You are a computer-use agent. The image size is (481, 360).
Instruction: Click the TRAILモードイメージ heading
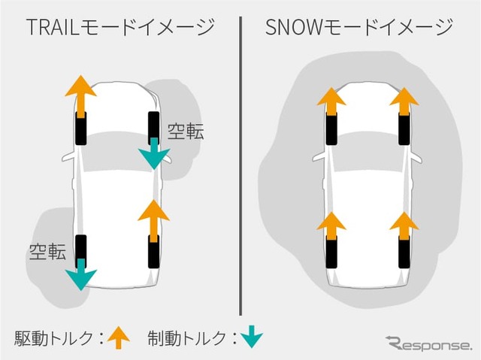click(119, 29)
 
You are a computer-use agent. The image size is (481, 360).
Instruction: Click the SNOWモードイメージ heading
click(359, 29)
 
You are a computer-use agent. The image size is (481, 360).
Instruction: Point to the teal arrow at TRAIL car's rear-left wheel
click(80, 274)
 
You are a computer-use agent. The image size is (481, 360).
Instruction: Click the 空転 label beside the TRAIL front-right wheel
click(185, 132)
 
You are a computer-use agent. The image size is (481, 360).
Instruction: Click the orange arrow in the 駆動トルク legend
click(117, 337)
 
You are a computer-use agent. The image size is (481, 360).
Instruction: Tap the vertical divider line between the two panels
click(240, 165)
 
